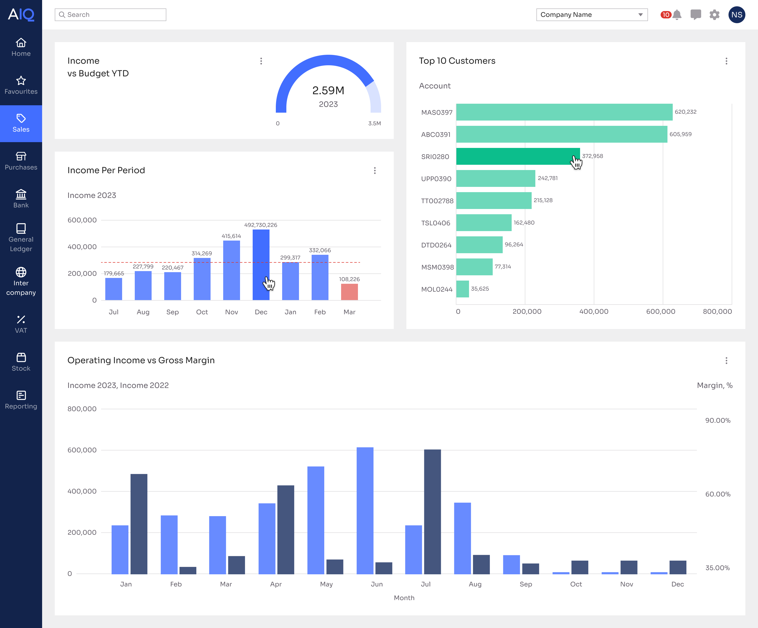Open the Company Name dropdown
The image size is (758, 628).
tap(592, 15)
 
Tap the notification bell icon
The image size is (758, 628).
tap(677, 15)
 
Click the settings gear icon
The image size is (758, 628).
tap(714, 15)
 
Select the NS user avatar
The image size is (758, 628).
tap(737, 15)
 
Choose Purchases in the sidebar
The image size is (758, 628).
tap(21, 161)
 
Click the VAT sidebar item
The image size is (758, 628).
tap(21, 324)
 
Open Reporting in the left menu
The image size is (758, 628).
tap(21, 400)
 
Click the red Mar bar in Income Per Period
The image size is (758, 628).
tap(350, 292)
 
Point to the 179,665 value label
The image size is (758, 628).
tap(114, 273)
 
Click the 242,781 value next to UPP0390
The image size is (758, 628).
tap(547, 178)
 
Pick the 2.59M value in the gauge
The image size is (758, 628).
tap(328, 91)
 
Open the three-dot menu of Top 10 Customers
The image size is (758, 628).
tap(726, 61)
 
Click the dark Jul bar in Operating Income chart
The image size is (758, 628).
tap(432, 511)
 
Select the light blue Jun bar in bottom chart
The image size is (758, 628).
tap(365, 510)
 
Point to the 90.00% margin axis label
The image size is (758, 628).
tap(717, 421)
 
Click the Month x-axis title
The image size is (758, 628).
tap(404, 598)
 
